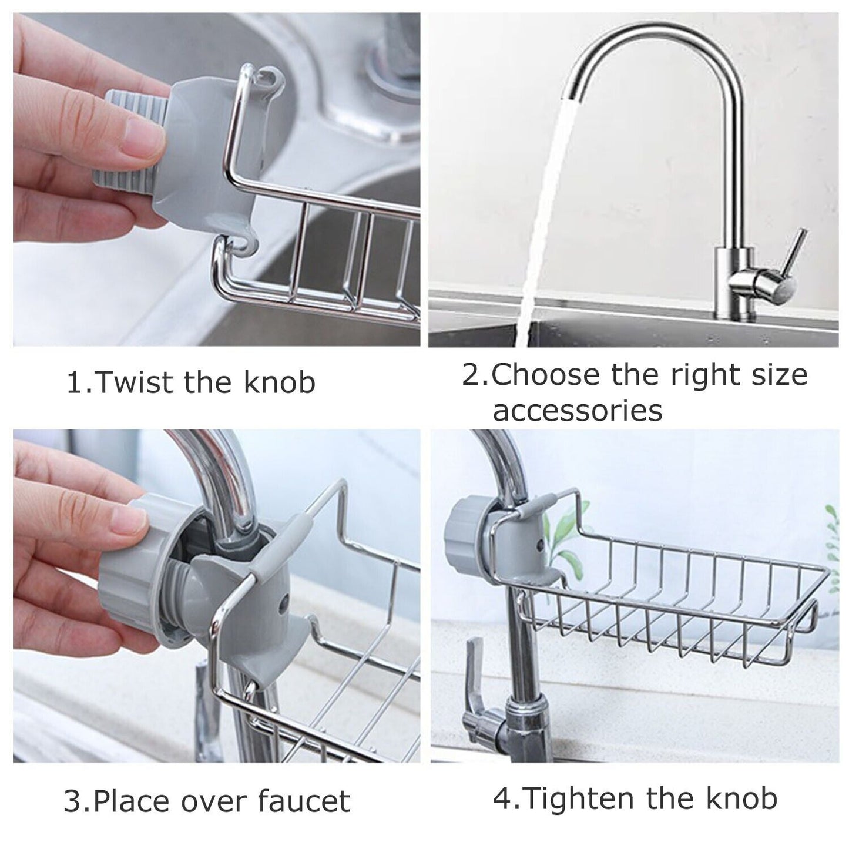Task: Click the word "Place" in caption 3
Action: click(x=136, y=801)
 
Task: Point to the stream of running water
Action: click(x=541, y=206)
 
